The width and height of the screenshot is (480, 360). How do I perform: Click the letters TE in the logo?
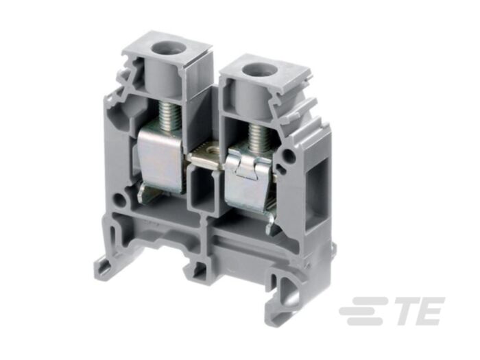(x=419, y=311)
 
